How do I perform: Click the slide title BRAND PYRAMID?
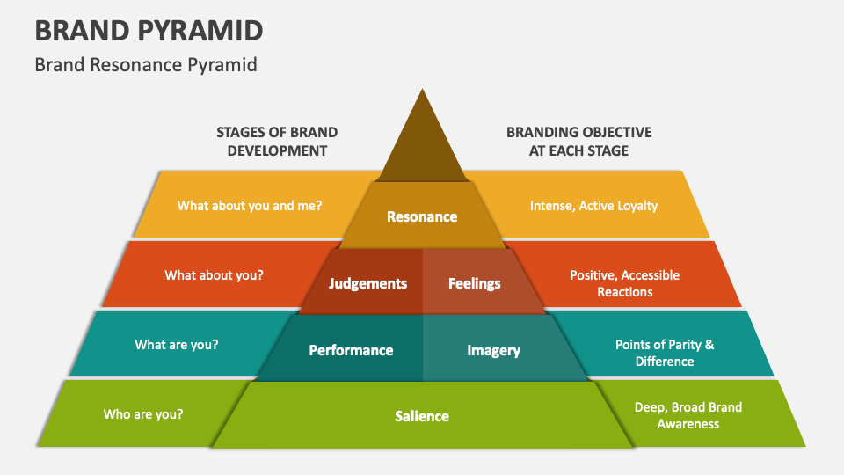pos(149,30)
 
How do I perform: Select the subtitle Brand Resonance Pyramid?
pos(146,65)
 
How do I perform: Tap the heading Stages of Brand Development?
pos(277,141)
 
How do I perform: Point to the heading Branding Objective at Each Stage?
pos(578,141)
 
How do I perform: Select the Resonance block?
pos(422,216)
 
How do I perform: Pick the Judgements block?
pos(367,283)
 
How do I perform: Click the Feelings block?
pos(475,283)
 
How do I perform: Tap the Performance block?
pos(351,350)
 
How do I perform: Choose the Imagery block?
pos(493,350)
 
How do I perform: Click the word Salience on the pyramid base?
pos(422,416)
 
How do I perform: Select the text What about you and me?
pos(250,206)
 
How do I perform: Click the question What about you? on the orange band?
pos(214,274)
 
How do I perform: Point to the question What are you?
pos(177,345)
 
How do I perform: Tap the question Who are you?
pos(143,413)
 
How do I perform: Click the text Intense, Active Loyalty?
pos(593,206)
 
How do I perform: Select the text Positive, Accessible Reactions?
pos(624,283)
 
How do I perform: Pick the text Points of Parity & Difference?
pos(664,353)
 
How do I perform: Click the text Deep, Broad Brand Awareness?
pos(688,415)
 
